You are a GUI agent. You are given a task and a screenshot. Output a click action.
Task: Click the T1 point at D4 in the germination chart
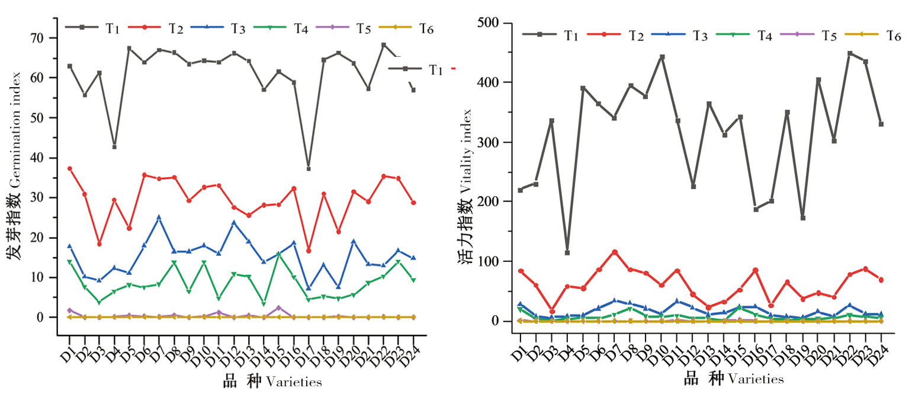114,146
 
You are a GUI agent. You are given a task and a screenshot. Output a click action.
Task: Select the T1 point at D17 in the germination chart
309,169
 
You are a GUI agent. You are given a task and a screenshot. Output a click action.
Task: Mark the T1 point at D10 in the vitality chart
662,57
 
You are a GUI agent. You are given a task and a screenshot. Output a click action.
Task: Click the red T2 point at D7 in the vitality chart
615,252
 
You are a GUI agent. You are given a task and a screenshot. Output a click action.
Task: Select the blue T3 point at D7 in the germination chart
159,217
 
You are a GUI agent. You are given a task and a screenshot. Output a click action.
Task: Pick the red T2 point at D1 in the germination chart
69,168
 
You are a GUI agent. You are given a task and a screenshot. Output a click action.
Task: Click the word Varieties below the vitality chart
755,379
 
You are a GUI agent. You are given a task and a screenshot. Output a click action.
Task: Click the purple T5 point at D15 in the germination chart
278,308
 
